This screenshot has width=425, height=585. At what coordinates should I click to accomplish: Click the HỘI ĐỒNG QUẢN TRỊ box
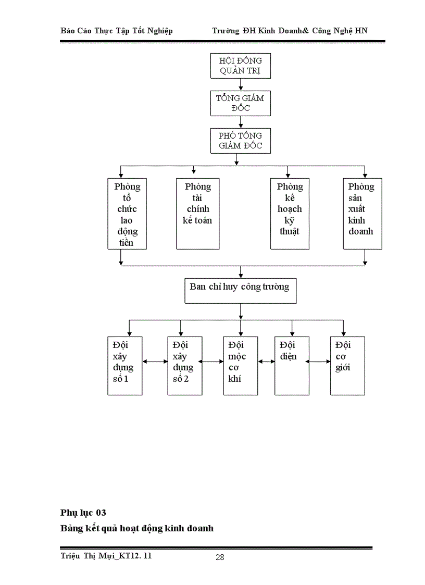tap(240, 66)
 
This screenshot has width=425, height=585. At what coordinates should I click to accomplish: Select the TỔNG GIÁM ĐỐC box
tap(240, 103)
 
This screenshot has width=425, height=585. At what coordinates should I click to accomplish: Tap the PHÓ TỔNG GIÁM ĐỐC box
tap(240, 141)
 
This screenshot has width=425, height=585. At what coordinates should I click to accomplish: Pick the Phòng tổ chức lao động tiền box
tap(127, 214)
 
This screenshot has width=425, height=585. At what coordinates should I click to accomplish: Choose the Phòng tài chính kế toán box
tap(197, 214)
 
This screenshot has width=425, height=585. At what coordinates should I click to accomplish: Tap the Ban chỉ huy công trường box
tap(240, 291)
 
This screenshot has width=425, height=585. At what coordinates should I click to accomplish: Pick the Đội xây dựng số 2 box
tap(185, 366)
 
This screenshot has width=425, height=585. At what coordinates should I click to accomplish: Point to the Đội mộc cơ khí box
tap(240, 366)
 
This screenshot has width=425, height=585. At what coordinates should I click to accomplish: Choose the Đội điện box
tap(292, 366)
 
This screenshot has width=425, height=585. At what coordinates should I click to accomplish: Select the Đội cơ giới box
tap(347, 366)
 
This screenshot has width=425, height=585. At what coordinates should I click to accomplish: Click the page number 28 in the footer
tap(220, 557)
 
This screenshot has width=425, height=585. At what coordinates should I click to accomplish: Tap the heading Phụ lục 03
tap(83, 513)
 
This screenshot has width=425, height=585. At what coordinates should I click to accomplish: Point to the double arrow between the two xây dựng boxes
tap(155, 361)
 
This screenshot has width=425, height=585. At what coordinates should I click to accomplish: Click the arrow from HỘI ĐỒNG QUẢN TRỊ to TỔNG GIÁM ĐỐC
tap(240, 84)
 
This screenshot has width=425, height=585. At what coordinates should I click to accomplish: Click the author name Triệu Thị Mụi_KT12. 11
tap(106, 556)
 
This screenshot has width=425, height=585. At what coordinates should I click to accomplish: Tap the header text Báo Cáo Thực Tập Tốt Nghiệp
tap(117, 31)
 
